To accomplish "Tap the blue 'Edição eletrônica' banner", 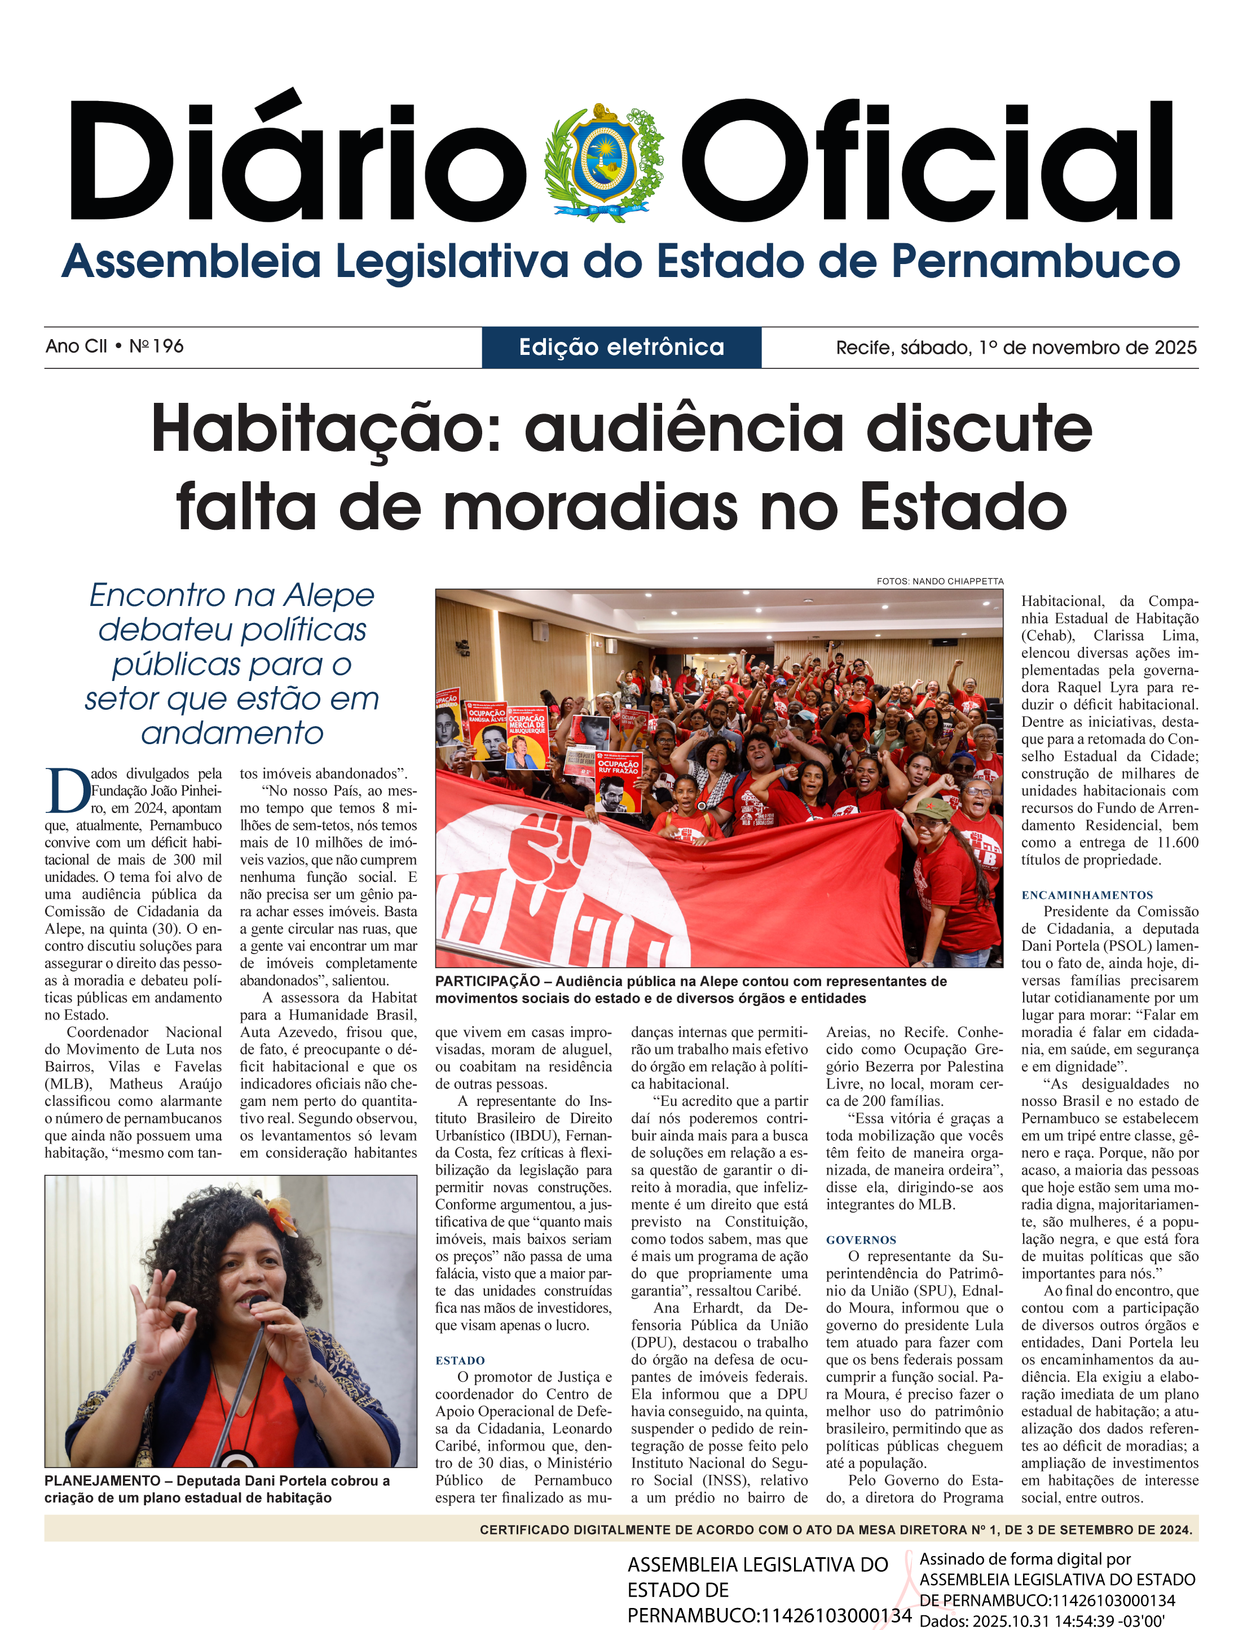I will point(621,347).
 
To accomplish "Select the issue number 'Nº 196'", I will point(156,346).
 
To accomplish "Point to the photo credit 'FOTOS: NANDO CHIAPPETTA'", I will point(940,581).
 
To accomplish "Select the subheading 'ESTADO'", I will point(460,1360).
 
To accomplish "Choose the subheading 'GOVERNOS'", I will point(861,1240).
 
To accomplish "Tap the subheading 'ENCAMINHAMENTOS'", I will point(1087,895).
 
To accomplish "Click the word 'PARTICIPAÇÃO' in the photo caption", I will point(487,982).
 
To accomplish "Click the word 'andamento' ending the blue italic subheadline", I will point(232,733).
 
